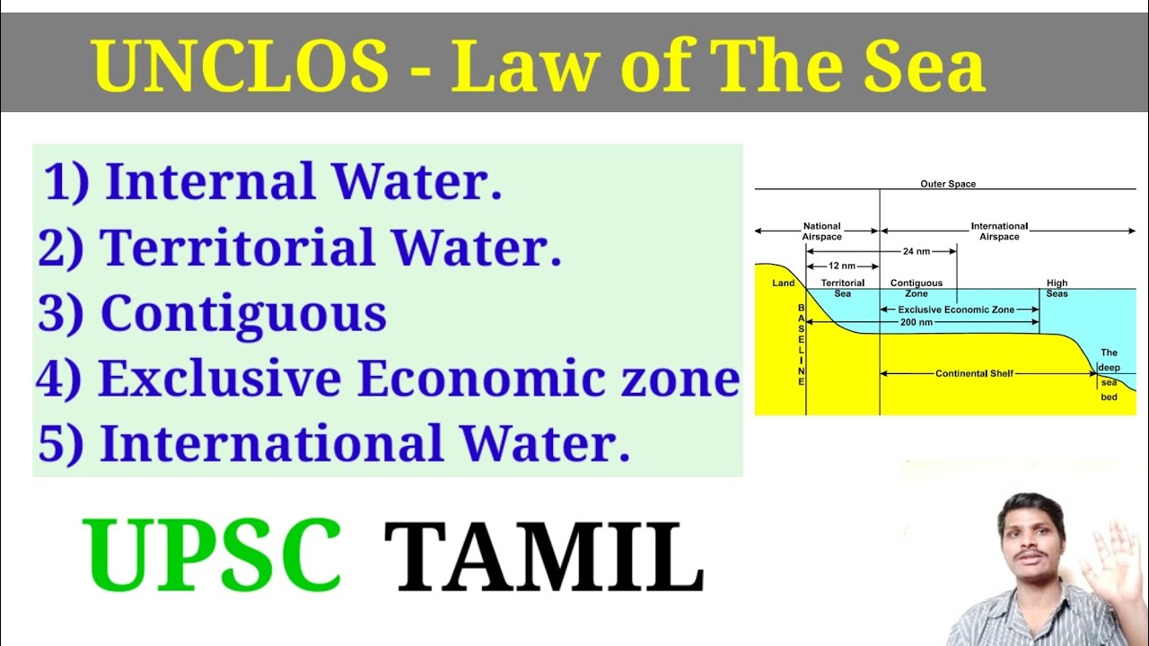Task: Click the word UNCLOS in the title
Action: (240, 67)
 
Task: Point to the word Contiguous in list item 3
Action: (243, 313)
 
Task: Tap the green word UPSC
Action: (213, 556)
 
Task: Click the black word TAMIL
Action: (543, 558)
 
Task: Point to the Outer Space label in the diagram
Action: (948, 184)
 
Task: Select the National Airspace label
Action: (822, 231)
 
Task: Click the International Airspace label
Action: (999, 231)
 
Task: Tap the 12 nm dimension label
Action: (841, 266)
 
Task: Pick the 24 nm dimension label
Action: (916, 252)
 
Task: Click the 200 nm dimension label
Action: (916, 322)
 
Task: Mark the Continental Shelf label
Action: (974, 373)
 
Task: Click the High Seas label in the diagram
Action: (1057, 288)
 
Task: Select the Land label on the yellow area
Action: (784, 284)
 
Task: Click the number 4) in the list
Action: (58, 379)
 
